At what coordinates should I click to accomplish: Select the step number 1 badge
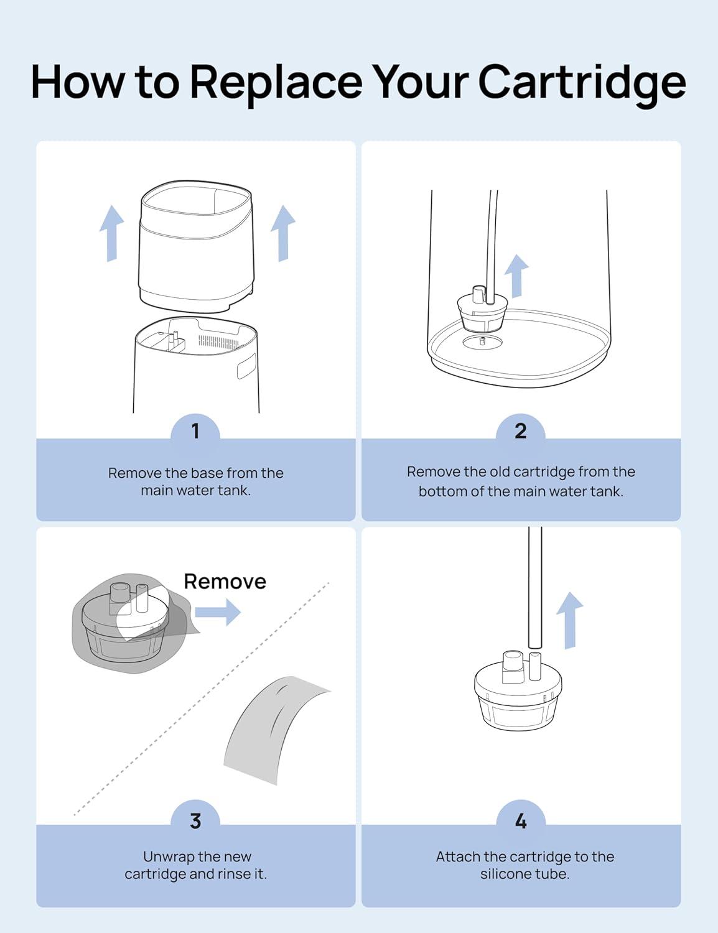point(195,430)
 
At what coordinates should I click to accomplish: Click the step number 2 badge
point(521,430)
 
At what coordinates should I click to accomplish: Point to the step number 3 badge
point(195,820)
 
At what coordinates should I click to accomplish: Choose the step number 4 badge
point(521,820)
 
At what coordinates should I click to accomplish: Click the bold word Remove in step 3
point(225,582)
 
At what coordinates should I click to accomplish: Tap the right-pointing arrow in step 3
point(218,612)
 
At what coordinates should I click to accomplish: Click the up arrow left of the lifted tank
point(111,233)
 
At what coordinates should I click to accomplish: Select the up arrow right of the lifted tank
point(283,233)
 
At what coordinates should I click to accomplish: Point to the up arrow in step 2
point(516,276)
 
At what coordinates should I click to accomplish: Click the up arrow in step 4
point(569,620)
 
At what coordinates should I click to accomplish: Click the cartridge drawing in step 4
point(518,690)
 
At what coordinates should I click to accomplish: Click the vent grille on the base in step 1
point(218,341)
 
